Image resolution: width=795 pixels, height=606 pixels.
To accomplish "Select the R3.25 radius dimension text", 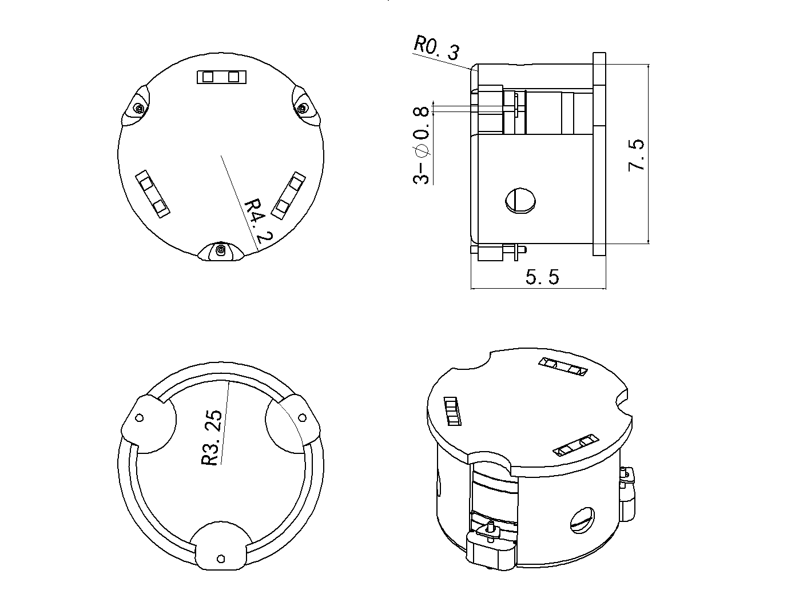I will pyautogui.click(x=211, y=437).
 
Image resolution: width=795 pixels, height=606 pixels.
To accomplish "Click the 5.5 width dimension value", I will pyautogui.click(x=542, y=277).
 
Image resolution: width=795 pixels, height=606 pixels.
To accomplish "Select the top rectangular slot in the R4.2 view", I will pyautogui.click(x=221, y=77).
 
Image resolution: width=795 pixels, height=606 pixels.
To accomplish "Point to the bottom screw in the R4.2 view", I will pyautogui.click(x=221, y=249).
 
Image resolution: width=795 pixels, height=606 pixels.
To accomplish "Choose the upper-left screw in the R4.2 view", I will pyautogui.click(x=138, y=108).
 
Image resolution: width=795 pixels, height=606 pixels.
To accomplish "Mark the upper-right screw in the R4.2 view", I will pyautogui.click(x=303, y=107).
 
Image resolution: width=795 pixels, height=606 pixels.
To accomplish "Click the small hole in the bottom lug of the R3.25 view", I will pyautogui.click(x=221, y=558).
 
